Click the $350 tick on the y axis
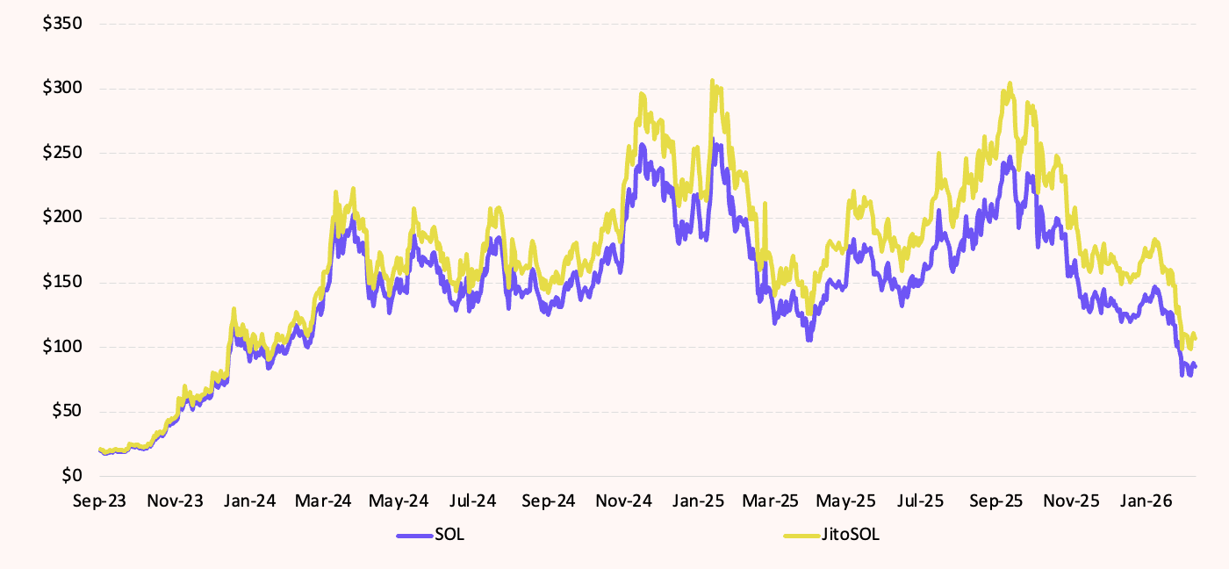coord(62,23)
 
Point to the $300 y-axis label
coord(62,88)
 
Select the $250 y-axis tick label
coord(62,153)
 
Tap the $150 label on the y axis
coord(62,282)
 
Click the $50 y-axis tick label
coord(66,411)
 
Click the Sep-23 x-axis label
coord(99,501)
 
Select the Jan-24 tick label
coord(249,501)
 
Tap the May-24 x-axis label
coord(399,501)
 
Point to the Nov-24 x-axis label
coord(623,501)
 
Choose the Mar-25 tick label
coord(772,501)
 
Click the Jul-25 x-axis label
coord(921,501)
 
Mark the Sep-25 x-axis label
coord(996,501)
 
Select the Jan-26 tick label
coord(1146,501)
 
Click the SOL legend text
coord(449,535)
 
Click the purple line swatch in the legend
coord(414,535)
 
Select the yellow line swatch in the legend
coord(801,535)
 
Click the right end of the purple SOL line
coord(1195,366)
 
